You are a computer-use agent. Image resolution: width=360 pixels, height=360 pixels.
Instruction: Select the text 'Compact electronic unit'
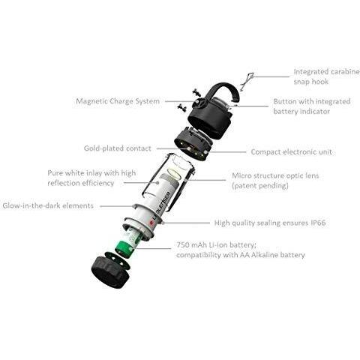(292, 151)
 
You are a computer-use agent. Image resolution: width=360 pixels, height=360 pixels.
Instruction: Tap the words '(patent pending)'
(259, 184)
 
